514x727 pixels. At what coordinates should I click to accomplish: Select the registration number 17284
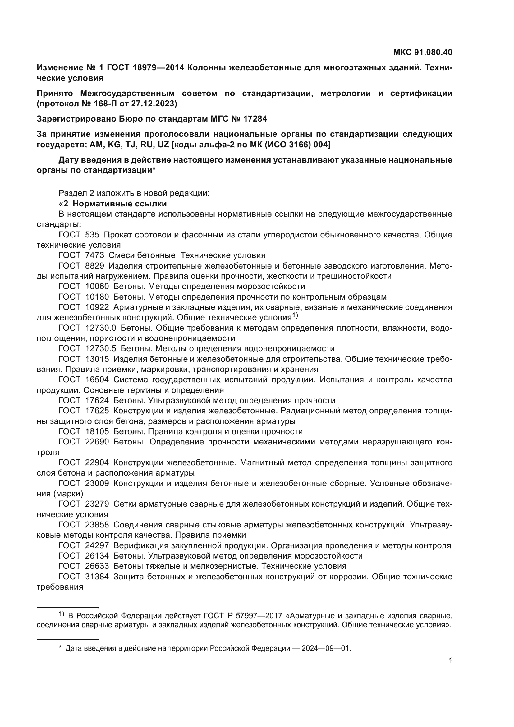coord(255,119)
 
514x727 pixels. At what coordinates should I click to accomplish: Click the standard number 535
coord(92,235)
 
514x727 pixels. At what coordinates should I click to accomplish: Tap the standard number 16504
coord(97,380)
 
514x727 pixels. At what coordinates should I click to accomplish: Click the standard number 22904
coord(97,462)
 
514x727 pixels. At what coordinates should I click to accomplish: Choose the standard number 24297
coord(97,545)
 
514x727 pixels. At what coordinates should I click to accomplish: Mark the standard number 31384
coord(97,577)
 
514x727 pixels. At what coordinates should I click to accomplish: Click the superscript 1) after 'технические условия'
coord(295,315)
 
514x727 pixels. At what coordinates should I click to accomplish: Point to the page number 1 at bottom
coord(450,660)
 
